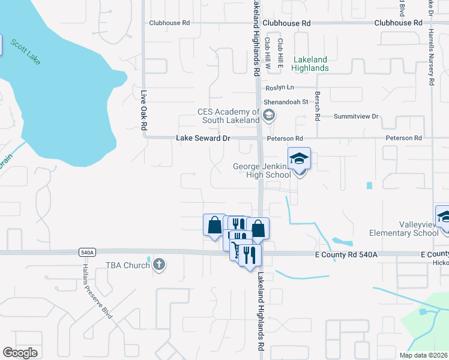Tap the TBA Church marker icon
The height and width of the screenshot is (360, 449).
pyautogui.click(x=158, y=264)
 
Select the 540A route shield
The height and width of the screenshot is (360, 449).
pyautogui.click(x=86, y=253)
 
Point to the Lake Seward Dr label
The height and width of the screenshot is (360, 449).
pyautogui.click(x=203, y=138)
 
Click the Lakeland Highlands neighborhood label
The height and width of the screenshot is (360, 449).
pyautogui.click(x=310, y=64)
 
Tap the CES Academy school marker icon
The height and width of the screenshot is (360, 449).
pyautogui.click(x=269, y=115)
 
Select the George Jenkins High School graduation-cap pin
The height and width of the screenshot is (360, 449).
pyautogui.click(x=299, y=159)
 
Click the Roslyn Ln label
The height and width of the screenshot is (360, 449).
pyautogui.click(x=280, y=88)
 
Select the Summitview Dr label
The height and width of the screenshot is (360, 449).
pyautogui.click(x=358, y=116)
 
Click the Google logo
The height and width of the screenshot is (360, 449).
pyautogui.click(x=20, y=353)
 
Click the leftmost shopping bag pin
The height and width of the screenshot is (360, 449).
pyautogui.click(x=214, y=226)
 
